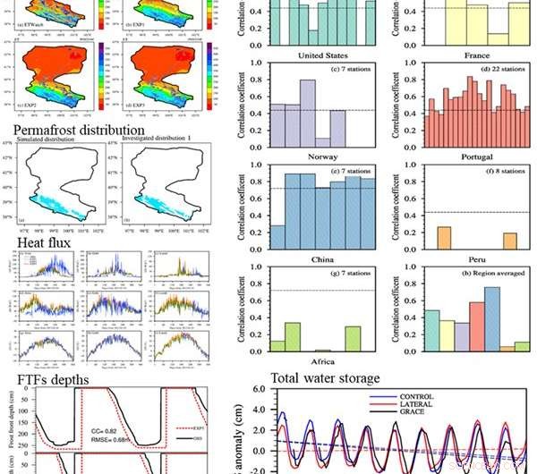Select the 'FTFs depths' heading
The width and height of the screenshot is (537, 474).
(x=55, y=378)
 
